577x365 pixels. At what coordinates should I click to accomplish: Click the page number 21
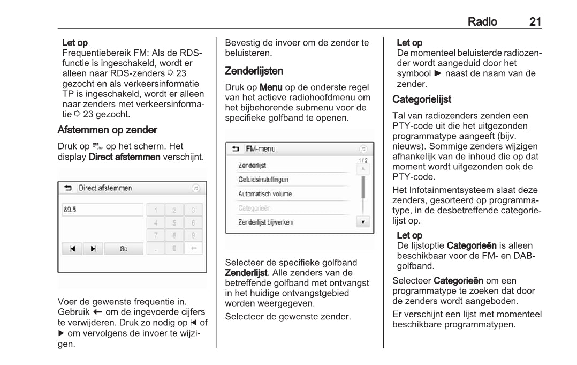[x=535, y=22]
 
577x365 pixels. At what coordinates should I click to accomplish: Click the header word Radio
[x=482, y=22]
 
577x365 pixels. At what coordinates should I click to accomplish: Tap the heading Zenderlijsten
[x=254, y=71]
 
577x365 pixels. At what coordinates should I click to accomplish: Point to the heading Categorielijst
[x=422, y=99]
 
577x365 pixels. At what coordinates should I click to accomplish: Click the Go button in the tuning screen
[x=124, y=249]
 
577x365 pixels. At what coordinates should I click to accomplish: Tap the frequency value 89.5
[x=70, y=210]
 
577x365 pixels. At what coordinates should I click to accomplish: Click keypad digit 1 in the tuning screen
[x=156, y=210]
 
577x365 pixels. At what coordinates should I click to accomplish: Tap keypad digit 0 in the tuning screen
[x=174, y=249]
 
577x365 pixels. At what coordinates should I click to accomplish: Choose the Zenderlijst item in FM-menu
[x=252, y=165]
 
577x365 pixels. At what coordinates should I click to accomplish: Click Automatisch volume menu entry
[x=265, y=193]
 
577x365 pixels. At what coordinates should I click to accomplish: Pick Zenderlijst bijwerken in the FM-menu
[x=265, y=222]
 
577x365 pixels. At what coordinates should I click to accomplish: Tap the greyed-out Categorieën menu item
[x=255, y=208]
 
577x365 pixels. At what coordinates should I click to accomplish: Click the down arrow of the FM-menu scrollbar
[x=363, y=221]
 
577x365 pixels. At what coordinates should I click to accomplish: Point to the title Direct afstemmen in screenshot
[x=105, y=188]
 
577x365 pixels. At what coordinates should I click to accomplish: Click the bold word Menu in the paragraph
[x=271, y=86]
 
